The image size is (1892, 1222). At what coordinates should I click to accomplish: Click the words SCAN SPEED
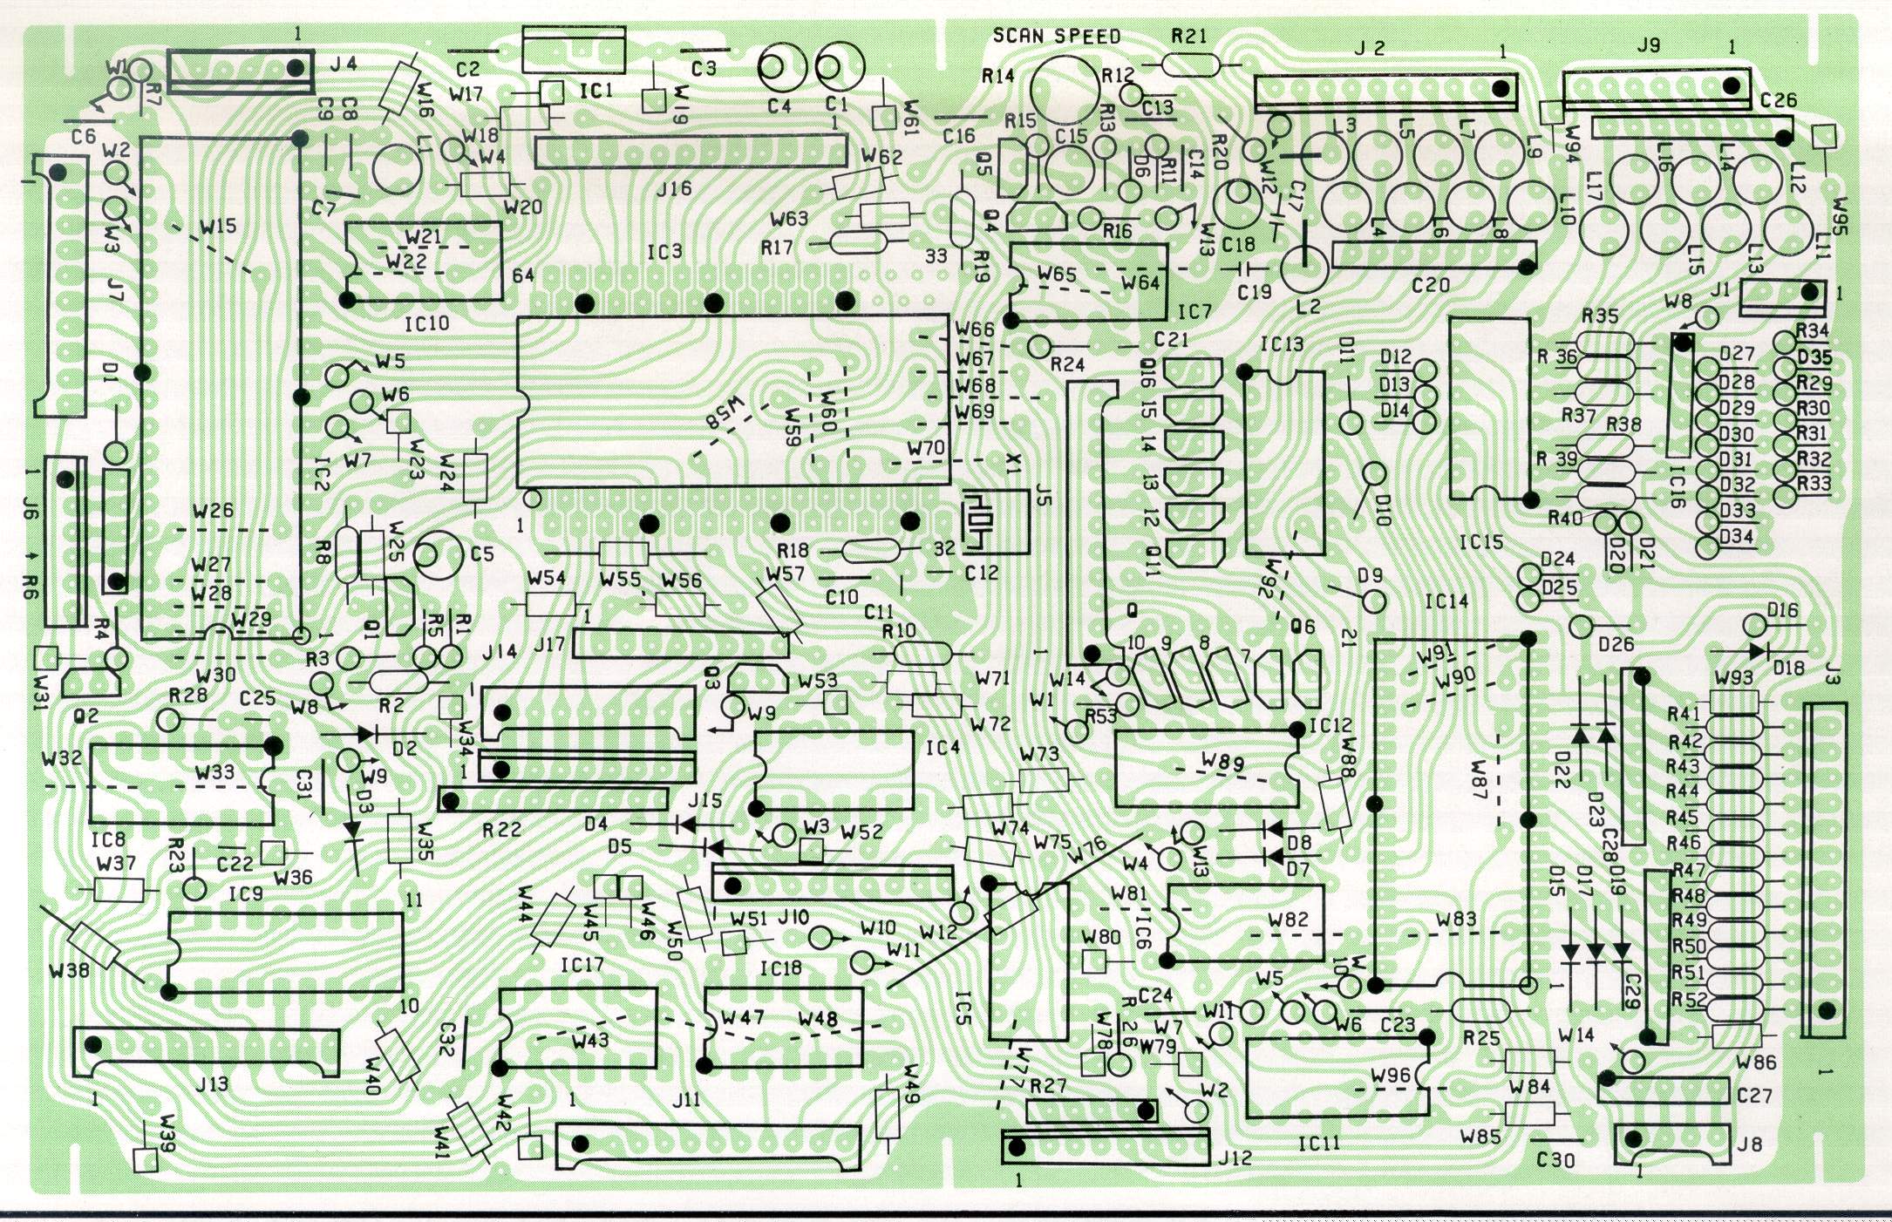click(1057, 36)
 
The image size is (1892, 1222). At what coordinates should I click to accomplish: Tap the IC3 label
click(664, 252)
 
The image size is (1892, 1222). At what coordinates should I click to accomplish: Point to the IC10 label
click(427, 323)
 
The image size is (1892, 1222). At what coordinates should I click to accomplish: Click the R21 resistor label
click(1189, 37)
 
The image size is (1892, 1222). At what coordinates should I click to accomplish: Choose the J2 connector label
click(1370, 48)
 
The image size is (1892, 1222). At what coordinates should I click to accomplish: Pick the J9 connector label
click(1648, 45)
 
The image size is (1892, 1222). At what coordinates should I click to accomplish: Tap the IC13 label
click(1282, 344)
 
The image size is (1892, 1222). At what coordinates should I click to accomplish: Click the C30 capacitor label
click(1555, 1160)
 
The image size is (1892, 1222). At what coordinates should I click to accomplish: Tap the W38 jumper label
click(69, 970)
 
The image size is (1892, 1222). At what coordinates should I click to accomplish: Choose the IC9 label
click(245, 895)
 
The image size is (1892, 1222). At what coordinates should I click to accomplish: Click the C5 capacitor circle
click(440, 556)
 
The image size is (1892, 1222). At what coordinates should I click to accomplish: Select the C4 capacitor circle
click(781, 68)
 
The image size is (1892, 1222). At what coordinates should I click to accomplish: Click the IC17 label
click(582, 965)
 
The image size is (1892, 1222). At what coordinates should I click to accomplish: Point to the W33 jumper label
click(214, 771)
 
